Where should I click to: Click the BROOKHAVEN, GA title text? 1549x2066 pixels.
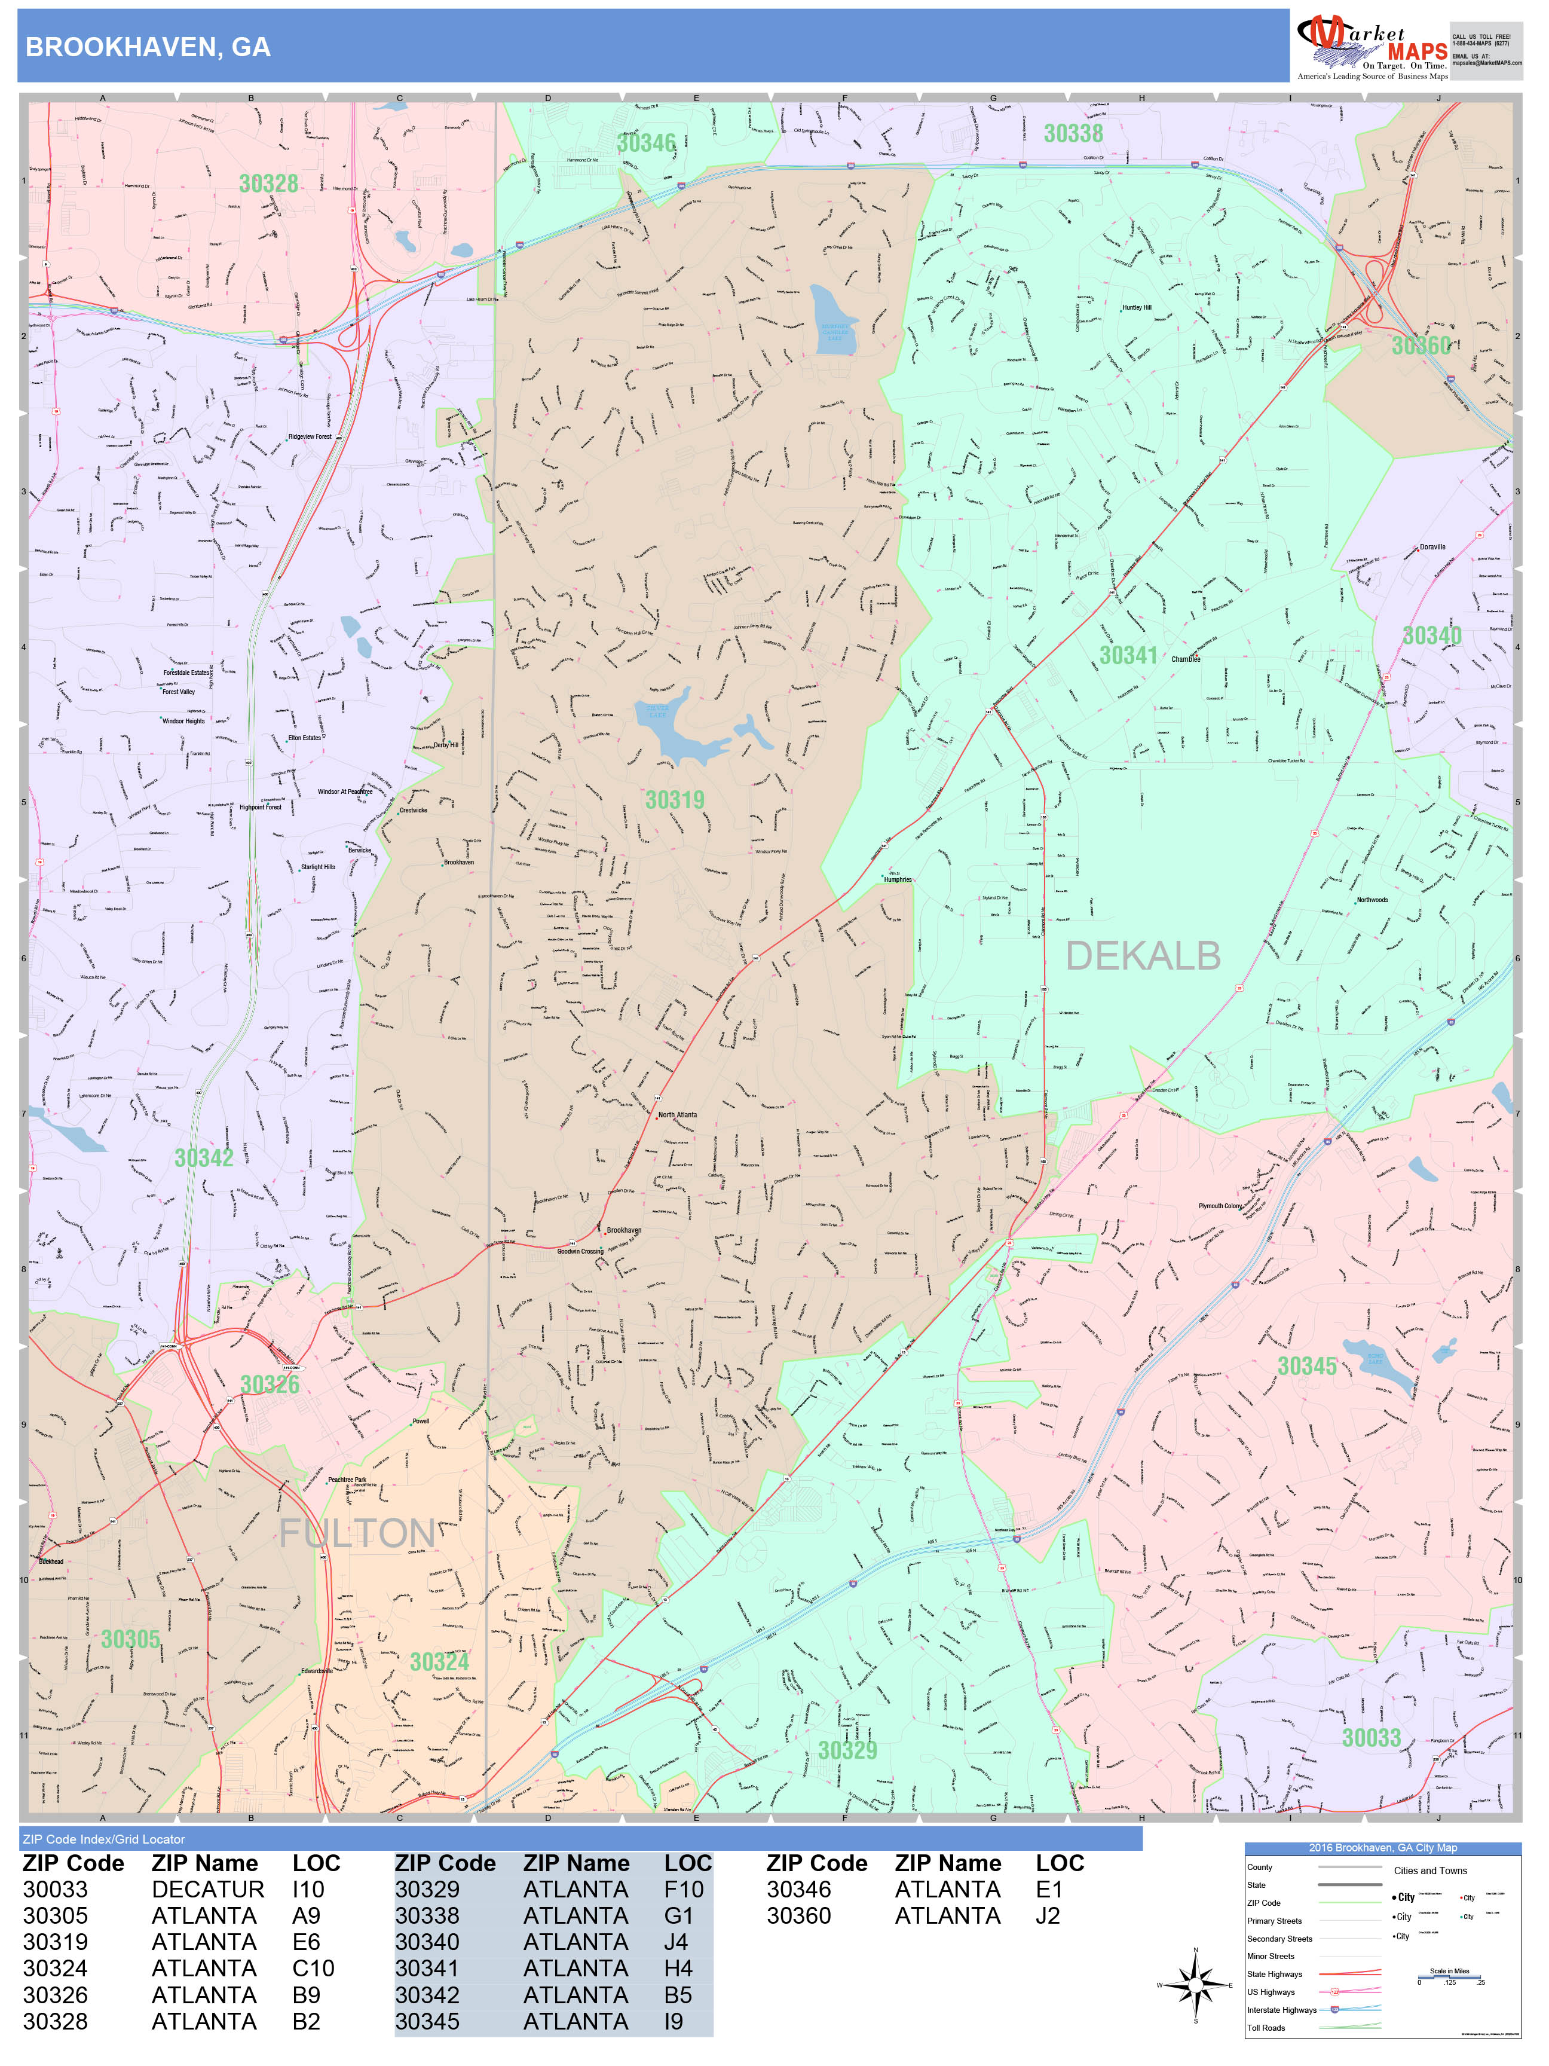[x=148, y=48]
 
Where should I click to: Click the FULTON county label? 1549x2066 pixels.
[x=357, y=1533]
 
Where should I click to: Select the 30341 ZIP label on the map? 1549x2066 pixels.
[x=1128, y=656]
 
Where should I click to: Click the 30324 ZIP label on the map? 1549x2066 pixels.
[x=439, y=1661]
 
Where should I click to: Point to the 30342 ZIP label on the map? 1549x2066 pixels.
[x=204, y=1158]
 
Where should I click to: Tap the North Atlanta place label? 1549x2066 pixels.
[x=677, y=1115]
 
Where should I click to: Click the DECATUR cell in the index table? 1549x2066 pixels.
[x=207, y=1890]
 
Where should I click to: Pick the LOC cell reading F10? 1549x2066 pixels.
[x=684, y=1890]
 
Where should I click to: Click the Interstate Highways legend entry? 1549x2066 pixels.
[x=1281, y=2010]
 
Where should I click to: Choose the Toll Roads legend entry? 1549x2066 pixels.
[x=1266, y=2028]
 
